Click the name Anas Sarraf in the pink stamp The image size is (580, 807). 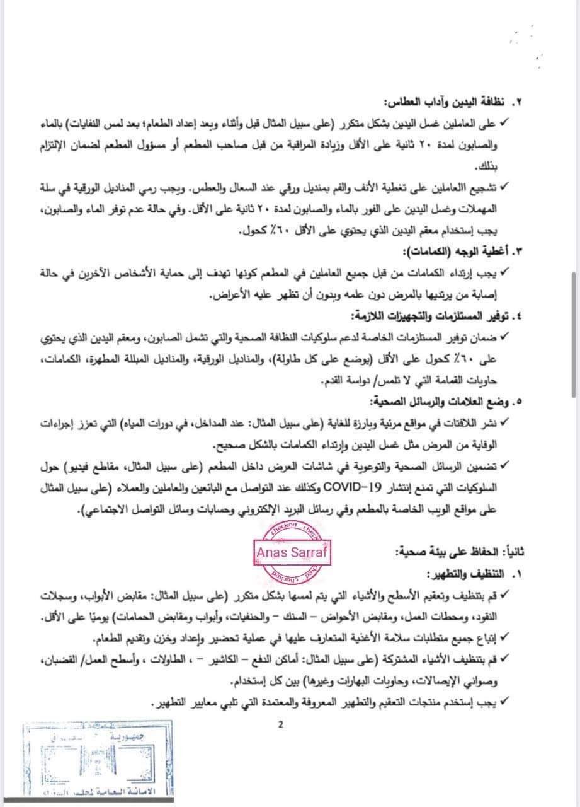pyautogui.click(x=292, y=552)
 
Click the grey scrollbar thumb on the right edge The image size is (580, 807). pyautogui.click(x=572, y=334)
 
